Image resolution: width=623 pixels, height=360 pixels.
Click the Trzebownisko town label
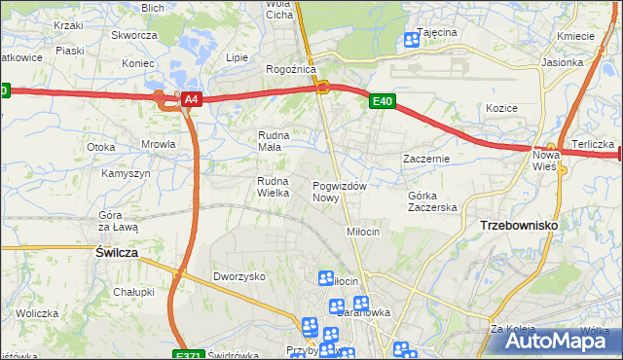(x=519, y=225)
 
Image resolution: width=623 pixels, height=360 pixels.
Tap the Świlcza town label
(x=116, y=251)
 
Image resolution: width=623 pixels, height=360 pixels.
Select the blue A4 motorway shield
(x=192, y=99)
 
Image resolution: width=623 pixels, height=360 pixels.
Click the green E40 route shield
(x=382, y=100)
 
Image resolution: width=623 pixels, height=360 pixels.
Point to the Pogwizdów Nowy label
(x=339, y=192)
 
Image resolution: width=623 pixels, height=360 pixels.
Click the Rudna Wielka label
(x=274, y=187)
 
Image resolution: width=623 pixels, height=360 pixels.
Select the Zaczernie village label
(x=426, y=158)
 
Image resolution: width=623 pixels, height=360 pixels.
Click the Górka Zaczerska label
(x=431, y=201)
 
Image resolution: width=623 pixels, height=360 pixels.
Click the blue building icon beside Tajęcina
(x=410, y=40)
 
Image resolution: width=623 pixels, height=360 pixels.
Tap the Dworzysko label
(x=239, y=276)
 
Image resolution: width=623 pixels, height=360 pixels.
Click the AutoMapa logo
(x=556, y=340)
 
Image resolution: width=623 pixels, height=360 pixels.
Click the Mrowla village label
(x=158, y=144)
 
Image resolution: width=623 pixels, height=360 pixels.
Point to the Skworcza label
(x=134, y=35)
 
